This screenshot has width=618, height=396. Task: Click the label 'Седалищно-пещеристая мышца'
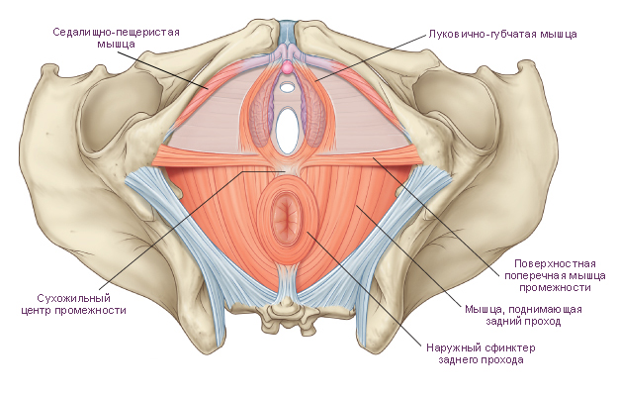(117, 38)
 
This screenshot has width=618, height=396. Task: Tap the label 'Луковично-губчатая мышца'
(503, 35)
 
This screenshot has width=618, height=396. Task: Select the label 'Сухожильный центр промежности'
(74, 304)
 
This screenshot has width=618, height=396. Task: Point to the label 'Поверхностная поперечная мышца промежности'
(555, 275)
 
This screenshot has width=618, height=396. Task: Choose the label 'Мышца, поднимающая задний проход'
(523, 315)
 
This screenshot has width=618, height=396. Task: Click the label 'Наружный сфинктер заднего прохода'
(481, 353)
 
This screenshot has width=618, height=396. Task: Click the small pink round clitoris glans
(288, 68)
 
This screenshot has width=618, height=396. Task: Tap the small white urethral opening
(288, 85)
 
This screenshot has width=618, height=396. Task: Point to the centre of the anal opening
(287, 218)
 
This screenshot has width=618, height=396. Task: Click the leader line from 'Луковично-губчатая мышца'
(371, 57)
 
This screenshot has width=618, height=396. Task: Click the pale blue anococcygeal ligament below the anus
(288, 282)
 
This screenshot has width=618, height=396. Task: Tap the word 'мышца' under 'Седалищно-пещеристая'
(117, 44)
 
